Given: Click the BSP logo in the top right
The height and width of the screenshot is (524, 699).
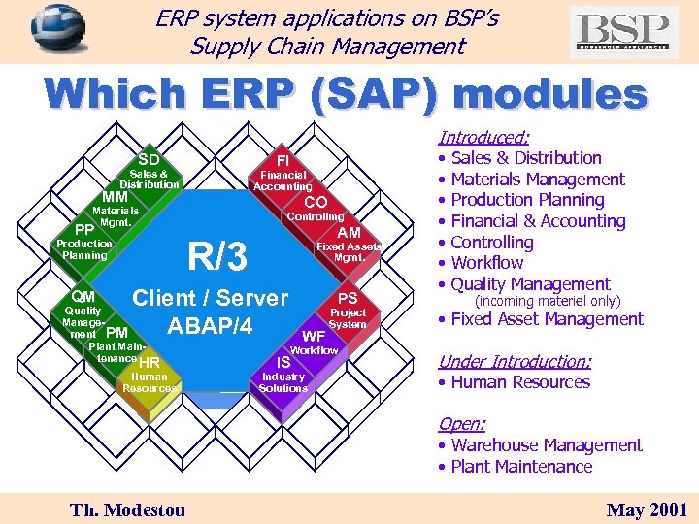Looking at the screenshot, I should tap(623, 32).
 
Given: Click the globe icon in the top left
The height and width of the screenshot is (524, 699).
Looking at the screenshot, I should tap(57, 31).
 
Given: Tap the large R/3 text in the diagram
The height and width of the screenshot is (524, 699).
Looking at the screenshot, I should tap(217, 257).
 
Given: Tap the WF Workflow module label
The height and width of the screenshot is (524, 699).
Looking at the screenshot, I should tap(314, 343).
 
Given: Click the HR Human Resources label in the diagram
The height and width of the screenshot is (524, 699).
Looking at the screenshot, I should tap(149, 376).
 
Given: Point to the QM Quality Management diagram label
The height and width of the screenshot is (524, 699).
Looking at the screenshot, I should tap(83, 310).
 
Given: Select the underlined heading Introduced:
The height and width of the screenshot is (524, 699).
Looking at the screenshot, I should tap(483, 138).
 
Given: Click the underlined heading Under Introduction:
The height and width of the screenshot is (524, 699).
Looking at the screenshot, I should tap(514, 361).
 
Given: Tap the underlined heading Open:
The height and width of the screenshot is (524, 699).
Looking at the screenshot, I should tap(461, 424).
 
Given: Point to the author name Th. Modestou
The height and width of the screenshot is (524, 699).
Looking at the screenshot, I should tap(126, 509).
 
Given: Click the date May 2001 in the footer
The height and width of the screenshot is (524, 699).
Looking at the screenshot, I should tap(647, 509).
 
